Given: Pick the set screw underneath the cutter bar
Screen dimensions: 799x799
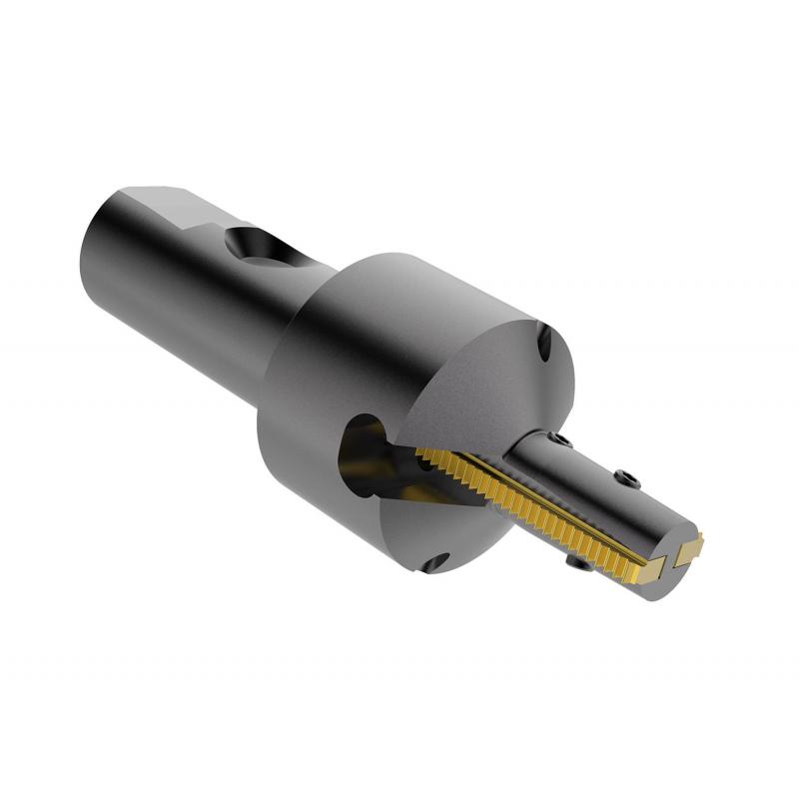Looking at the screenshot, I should tap(577, 566).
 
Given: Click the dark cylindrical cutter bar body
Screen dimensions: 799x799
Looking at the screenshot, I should tap(599, 499).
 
